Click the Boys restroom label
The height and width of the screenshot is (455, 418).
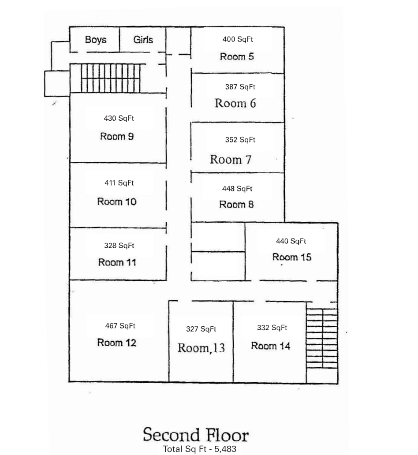[96, 40]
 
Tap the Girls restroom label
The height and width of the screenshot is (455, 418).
[143, 40]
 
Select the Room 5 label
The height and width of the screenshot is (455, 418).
[237, 56]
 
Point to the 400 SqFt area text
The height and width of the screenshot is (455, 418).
[238, 39]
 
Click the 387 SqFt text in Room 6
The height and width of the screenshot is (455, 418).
[240, 87]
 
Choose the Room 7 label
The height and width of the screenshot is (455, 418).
[230, 159]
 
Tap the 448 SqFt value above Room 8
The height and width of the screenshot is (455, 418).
[237, 189]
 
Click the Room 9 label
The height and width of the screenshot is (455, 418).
[117, 136]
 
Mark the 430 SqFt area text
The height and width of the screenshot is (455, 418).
[119, 118]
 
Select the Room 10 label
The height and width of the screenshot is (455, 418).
[117, 201]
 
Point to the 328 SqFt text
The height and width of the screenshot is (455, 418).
[119, 246]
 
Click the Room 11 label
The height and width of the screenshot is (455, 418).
[117, 262]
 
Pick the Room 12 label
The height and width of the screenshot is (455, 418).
[117, 343]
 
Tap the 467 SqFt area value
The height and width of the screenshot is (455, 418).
[120, 326]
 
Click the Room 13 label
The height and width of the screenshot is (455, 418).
[201, 348]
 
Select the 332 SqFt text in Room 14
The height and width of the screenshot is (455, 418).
[272, 328]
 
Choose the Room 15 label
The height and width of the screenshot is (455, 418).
[291, 257]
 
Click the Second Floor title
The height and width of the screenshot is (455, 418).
[196, 435]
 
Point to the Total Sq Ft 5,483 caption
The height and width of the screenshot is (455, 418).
[199, 449]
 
